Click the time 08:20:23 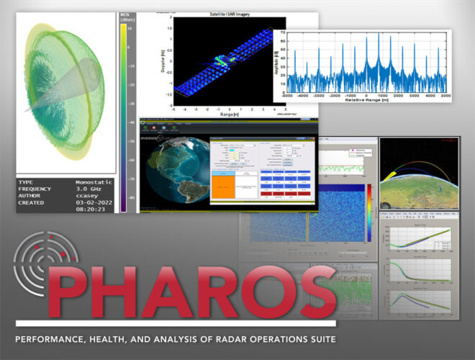[92, 217]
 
